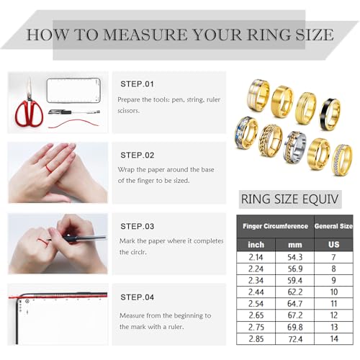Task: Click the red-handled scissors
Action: (30, 106)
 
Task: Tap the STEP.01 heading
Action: (137, 84)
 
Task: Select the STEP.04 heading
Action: (137, 297)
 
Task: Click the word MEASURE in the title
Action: (145, 35)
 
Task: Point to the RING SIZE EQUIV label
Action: (289, 199)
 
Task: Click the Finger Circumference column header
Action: (275, 226)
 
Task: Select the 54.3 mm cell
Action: (295, 257)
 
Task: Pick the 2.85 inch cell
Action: (256, 339)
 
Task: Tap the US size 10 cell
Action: (334, 292)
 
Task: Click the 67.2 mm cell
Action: (295, 315)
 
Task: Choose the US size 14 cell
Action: (334, 339)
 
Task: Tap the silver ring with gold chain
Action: (294, 147)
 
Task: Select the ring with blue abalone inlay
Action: (246, 132)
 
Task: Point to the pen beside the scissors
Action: (74, 112)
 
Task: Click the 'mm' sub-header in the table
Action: (295, 245)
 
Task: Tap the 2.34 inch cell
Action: (256, 281)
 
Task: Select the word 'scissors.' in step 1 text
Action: (128, 111)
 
